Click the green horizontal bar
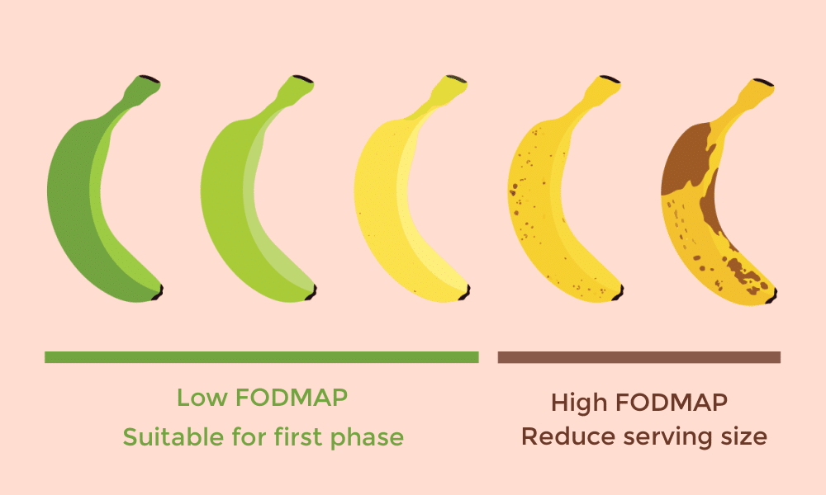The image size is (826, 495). (261, 357)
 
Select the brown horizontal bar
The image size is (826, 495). (639, 357)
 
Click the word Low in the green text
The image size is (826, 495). (201, 398)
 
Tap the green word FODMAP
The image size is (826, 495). (292, 398)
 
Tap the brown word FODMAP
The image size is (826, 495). (672, 403)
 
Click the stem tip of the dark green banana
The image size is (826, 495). (150, 79)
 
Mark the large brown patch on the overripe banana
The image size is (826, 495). (686, 158)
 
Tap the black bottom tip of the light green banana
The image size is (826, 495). (312, 293)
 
